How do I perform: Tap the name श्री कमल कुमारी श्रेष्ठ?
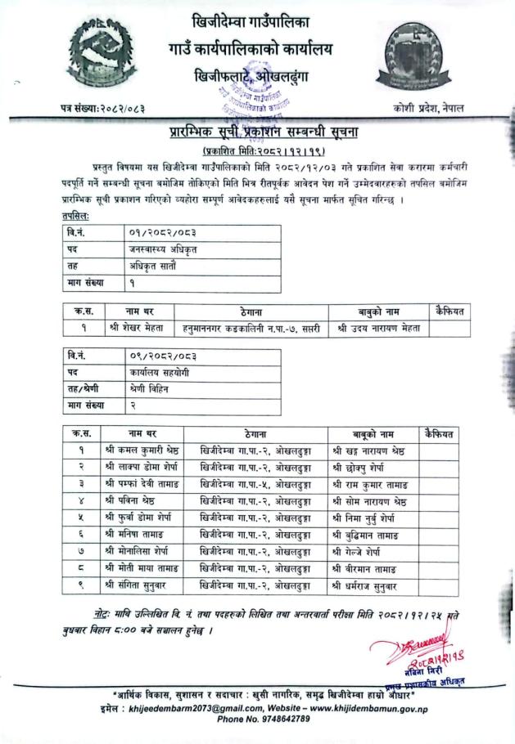[x=143, y=450]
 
